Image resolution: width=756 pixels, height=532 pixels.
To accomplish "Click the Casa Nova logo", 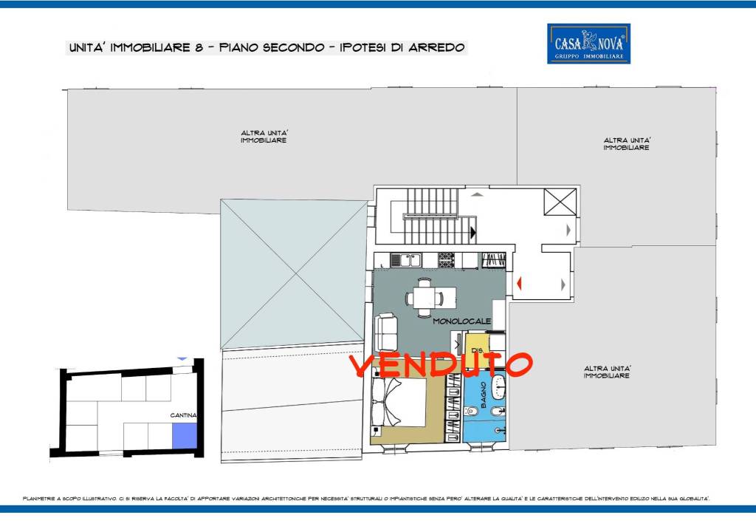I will tap(588, 43).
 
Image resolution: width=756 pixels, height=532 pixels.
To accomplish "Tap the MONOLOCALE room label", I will tap(461, 321).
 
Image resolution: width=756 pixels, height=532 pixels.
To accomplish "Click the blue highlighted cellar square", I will tap(185, 434).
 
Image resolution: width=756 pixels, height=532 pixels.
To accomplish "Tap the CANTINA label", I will tap(183, 415).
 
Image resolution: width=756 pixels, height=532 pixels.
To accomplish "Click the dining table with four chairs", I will tap(424, 297).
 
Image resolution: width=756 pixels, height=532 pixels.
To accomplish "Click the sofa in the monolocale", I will tap(387, 332).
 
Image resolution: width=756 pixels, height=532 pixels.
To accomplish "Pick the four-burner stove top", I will tap(446, 259).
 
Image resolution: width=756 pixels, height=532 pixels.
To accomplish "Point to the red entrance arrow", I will tap(519, 282).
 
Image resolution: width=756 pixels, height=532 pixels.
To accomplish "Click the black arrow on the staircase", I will tap(472, 232).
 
